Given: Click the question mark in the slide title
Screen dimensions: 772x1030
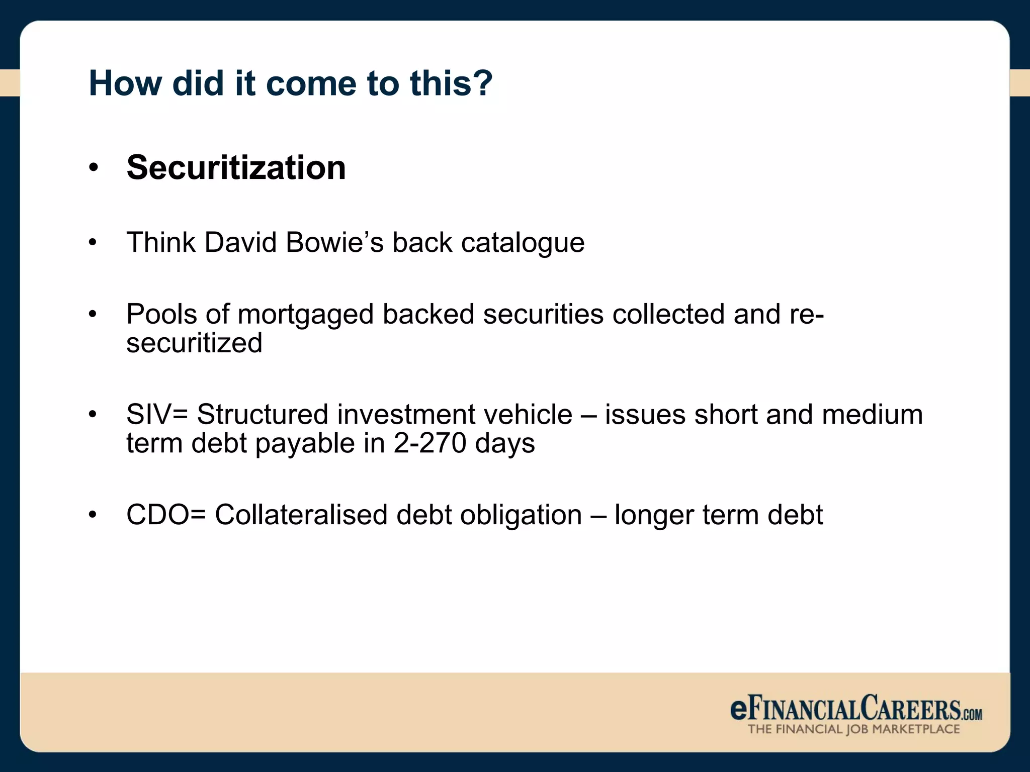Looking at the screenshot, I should (x=482, y=83).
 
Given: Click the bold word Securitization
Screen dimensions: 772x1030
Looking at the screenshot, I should (x=236, y=167).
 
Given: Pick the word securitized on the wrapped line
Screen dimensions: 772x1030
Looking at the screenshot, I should (x=194, y=343).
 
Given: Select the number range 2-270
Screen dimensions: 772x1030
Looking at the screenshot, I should (x=430, y=443).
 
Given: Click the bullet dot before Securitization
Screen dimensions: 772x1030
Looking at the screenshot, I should (x=93, y=168).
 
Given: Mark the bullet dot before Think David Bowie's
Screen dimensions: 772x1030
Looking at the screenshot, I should (x=93, y=243).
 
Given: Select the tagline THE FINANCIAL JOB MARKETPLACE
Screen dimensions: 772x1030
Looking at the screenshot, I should (x=853, y=729).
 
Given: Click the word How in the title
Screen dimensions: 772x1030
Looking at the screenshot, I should (x=125, y=83).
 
